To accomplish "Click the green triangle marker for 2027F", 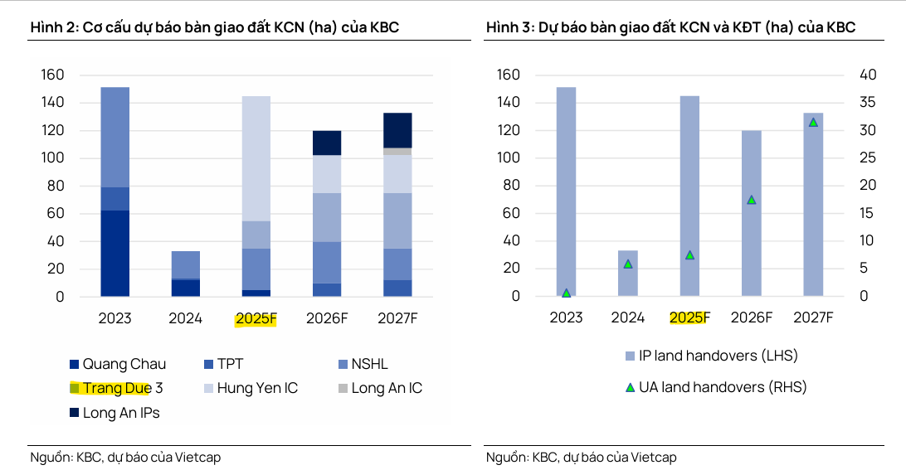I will click(813, 122).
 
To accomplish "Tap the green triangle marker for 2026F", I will click(752, 200).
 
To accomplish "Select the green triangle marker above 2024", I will click(628, 264).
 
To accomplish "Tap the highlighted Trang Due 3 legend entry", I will click(116, 388).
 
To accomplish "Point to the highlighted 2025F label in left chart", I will click(256, 318).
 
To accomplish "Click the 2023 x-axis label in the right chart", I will click(566, 317).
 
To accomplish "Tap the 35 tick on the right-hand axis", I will click(867, 103).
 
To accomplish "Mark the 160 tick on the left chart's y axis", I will click(52, 75).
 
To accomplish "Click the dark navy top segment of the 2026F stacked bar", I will click(327, 143).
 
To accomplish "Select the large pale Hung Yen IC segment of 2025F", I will click(256, 157).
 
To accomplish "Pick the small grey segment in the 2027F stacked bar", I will click(397, 152).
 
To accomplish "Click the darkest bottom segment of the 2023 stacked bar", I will click(114, 253).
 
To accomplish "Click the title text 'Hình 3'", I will click(506, 27).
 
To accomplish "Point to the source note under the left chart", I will click(125, 457).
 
